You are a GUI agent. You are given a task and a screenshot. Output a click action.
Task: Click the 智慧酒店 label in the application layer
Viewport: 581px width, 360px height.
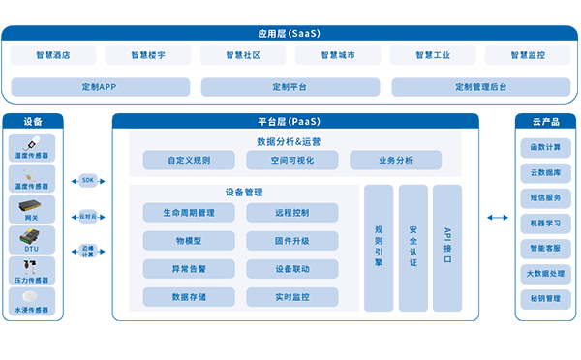(52, 55)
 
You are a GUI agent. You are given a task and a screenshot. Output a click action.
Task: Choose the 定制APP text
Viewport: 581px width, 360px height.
(99, 87)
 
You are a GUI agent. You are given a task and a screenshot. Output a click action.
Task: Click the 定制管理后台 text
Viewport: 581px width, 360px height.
(480, 87)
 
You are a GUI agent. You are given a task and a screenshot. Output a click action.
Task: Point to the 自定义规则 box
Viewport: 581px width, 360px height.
(188, 160)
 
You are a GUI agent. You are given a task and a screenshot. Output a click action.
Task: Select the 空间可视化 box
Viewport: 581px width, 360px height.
(291, 160)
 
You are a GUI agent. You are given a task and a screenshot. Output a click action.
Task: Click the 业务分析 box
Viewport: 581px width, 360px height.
(395, 160)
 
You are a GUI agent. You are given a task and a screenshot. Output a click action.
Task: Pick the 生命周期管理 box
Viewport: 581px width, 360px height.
(188, 212)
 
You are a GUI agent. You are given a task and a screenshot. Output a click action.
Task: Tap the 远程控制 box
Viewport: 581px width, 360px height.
(291, 212)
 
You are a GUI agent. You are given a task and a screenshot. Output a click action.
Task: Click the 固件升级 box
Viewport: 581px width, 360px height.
(291, 240)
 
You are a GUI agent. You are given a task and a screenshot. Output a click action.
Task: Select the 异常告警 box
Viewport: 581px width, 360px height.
(188, 268)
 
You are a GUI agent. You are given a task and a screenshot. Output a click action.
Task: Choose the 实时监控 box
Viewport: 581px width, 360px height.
(291, 296)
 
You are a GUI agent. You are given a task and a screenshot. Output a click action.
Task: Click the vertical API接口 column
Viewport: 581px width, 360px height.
(447, 247)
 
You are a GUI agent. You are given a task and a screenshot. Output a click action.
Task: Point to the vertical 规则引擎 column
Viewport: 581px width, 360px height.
(379, 247)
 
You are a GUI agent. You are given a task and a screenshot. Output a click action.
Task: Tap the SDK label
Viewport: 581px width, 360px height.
(88, 180)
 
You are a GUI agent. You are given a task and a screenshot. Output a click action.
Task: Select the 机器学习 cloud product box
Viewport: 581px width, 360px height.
(545, 223)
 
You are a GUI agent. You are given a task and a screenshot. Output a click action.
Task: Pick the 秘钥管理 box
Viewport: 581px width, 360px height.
(545, 298)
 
